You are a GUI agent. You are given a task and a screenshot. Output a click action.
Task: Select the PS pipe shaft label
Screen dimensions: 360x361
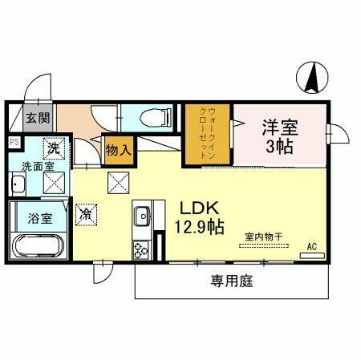click(x=13, y=142)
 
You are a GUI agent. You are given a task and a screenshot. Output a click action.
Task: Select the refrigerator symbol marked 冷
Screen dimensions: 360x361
click(x=86, y=214)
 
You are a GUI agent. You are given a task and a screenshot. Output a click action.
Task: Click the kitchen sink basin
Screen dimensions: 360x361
click(x=143, y=217)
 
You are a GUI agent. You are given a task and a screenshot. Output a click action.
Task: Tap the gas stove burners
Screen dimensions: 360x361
click(x=142, y=249)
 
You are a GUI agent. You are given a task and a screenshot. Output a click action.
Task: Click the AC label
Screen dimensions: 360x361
click(x=311, y=245)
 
